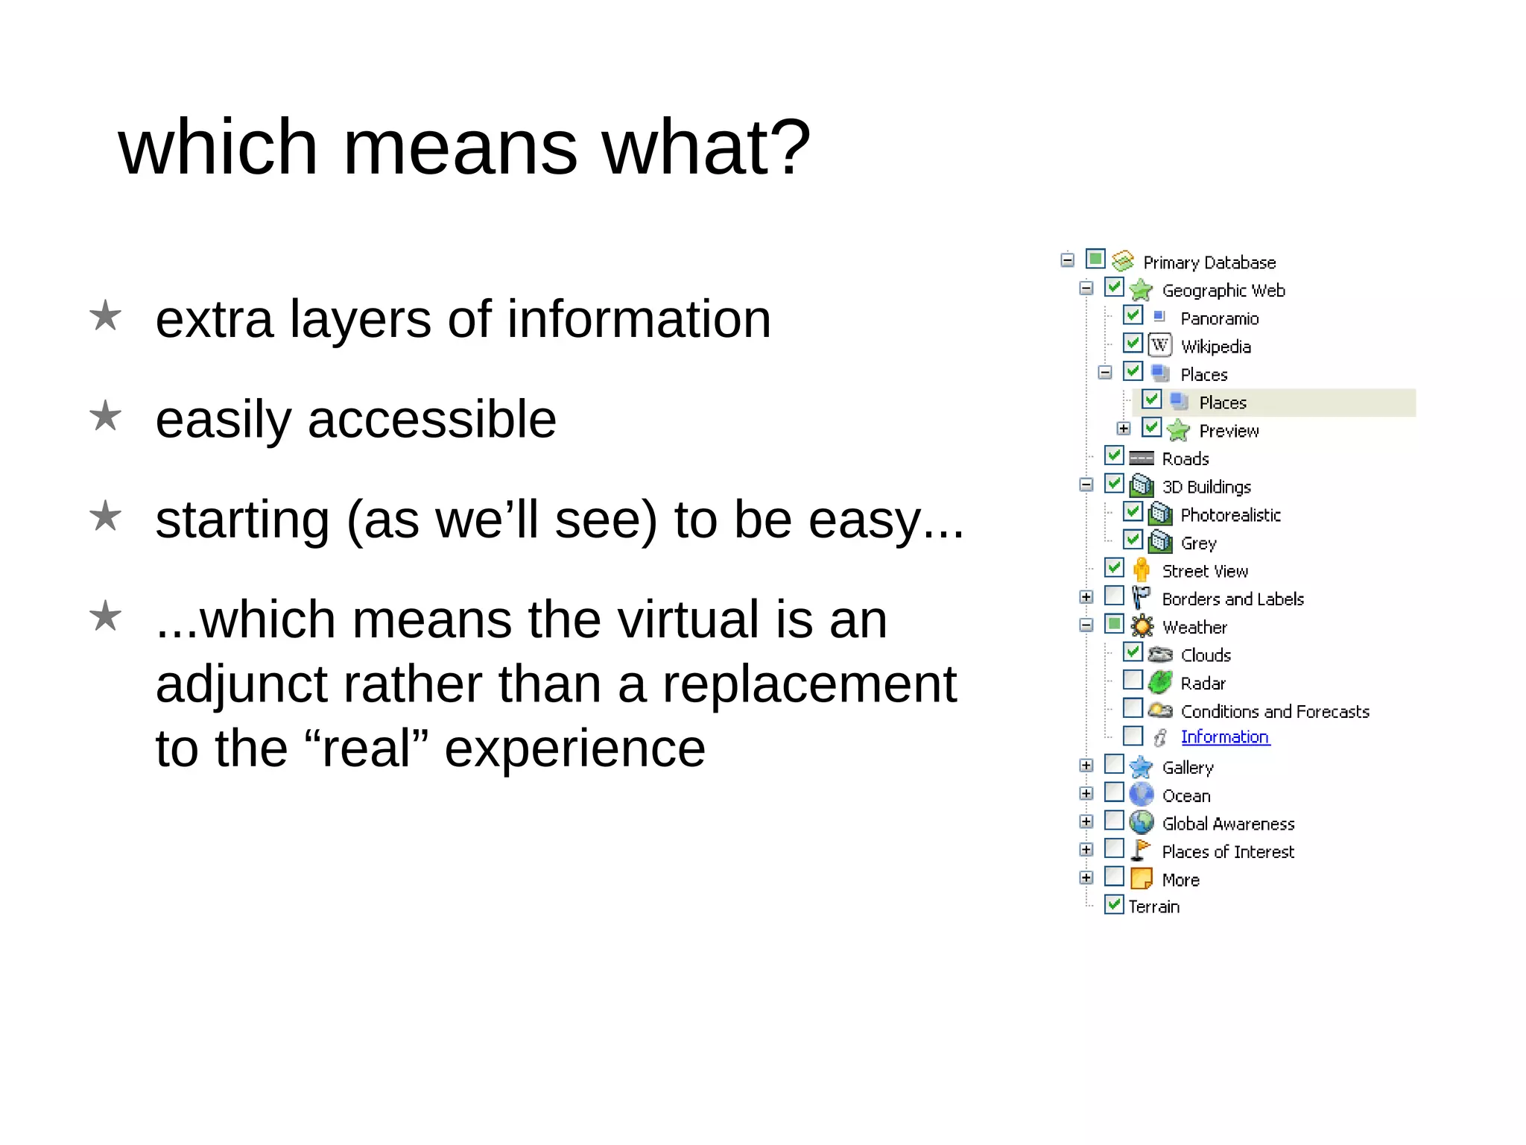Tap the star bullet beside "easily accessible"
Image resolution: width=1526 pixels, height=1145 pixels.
(105, 416)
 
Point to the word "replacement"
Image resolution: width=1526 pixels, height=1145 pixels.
(808, 684)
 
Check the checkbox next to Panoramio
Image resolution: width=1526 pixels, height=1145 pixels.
(1133, 315)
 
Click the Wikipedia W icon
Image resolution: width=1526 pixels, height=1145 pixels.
(1159, 345)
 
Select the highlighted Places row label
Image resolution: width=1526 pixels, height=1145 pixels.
(1222, 403)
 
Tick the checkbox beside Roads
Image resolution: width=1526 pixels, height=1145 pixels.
(1114, 455)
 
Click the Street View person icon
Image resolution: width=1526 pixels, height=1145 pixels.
(1141, 570)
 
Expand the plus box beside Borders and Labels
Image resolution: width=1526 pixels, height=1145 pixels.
(1086, 597)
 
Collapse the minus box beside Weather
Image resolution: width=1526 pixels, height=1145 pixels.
(1086, 625)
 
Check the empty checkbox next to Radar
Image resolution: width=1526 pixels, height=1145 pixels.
(1133, 680)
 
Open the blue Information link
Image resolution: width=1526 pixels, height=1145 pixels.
(1224, 736)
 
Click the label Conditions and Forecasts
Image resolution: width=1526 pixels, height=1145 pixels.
(1274, 711)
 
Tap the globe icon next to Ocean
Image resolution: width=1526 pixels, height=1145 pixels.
(1141, 794)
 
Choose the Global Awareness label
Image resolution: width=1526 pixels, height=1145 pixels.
(1228, 824)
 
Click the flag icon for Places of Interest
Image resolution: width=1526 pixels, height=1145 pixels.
(1140, 850)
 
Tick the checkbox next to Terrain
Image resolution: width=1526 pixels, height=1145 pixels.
(1114, 905)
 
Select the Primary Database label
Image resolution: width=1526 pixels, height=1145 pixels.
(1209, 262)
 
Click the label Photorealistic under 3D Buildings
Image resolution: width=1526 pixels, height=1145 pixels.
(1230, 515)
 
